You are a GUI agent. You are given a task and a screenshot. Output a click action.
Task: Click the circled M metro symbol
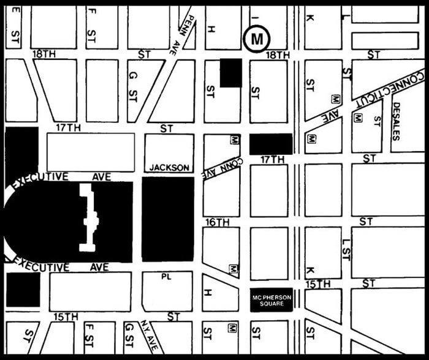click(x=257, y=39)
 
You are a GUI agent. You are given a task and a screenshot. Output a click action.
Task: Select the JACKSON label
click(x=169, y=167)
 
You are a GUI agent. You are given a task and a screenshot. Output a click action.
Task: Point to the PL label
click(x=165, y=277)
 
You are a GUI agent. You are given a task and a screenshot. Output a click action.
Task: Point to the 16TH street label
click(x=217, y=222)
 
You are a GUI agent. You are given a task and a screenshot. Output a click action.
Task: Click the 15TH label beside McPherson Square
click(x=318, y=285)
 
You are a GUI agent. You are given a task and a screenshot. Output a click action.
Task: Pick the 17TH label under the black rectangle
click(x=273, y=160)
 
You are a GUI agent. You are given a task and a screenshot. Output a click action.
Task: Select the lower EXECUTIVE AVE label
click(x=59, y=267)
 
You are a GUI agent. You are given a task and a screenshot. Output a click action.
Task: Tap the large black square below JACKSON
click(x=168, y=219)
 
